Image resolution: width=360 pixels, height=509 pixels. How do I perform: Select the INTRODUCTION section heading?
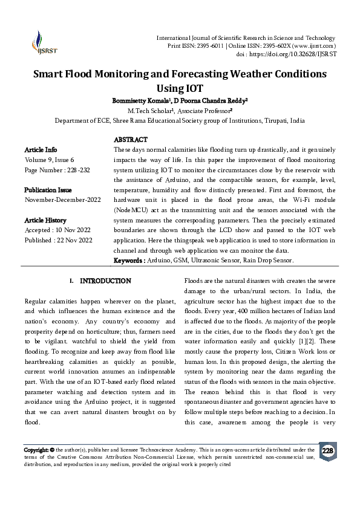click(x=105, y=281)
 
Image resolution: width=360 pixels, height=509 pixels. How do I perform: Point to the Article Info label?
click(x=41, y=149)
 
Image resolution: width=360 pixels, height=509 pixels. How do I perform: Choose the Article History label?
click(x=45, y=220)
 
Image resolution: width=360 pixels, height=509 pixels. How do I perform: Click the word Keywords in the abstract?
click(x=128, y=261)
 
